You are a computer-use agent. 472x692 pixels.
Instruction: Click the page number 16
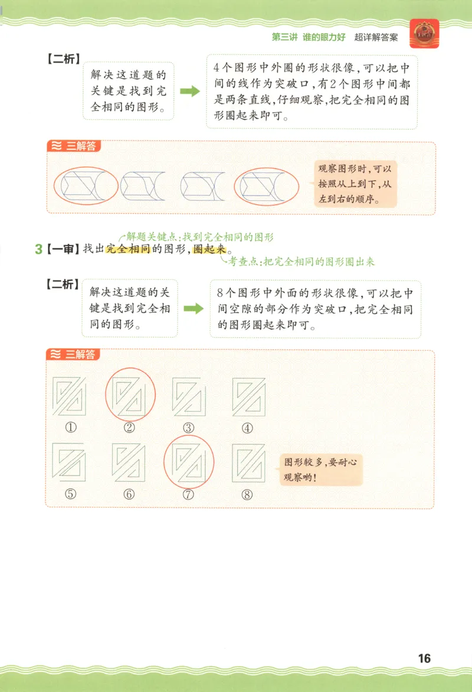pyautogui.click(x=424, y=658)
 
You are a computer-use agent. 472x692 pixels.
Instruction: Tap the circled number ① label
pyautogui.click(x=71, y=428)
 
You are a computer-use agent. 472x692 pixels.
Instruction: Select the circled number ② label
pyautogui.click(x=130, y=428)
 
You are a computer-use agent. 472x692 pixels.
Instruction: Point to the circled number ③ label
pyautogui.click(x=189, y=428)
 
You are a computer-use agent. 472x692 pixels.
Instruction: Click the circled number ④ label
pyautogui.click(x=247, y=428)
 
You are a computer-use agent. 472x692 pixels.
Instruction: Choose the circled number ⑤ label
pyautogui.click(x=71, y=494)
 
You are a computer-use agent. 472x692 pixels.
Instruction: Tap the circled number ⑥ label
pyautogui.click(x=130, y=494)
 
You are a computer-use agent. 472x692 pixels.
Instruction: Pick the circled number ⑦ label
pyautogui.click(x=189, y=495)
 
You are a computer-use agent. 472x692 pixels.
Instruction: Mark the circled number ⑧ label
pyautogui.click(x=247, y=494)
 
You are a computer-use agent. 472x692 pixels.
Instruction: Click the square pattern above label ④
pyautogui.click(x=248, y=397)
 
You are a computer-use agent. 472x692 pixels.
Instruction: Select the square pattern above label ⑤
pyautogui.click(x=70, y=462)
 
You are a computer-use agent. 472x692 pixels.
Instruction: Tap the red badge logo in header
pyautogui.click(x=424, y=34)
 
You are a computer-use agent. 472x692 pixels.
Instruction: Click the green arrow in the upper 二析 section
pyautogui.click(x=189, y=92)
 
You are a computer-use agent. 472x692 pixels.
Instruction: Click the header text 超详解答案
pyautogui.click(x=376, y=37)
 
